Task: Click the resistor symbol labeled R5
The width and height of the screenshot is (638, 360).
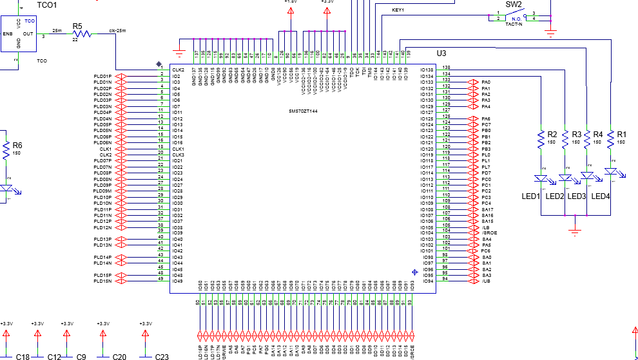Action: click(81, 35)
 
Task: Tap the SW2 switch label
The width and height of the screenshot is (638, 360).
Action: click(513, 5)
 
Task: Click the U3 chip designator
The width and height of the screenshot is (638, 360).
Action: click(441, 53)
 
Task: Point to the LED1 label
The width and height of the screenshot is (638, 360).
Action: click(530, 196)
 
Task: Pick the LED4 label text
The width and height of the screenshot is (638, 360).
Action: click(600, 196)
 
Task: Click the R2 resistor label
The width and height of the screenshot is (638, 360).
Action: click(552, 135)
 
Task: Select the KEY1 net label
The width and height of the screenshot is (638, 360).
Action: click(398, 10)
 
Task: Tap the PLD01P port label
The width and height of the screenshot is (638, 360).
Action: click(102, 76)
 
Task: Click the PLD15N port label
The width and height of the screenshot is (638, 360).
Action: click(102, 281)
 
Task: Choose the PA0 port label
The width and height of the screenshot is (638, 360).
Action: click(486, 82)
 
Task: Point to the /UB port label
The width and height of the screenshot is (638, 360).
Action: click(485, 281)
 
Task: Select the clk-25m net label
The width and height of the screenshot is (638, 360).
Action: click(117, 30)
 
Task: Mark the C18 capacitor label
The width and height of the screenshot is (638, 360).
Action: click(23, 357)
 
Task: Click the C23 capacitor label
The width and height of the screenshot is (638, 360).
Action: click(161, 357)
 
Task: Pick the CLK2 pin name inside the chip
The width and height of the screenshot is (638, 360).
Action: click(179, 70)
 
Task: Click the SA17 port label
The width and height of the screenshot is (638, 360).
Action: click(487, 209)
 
